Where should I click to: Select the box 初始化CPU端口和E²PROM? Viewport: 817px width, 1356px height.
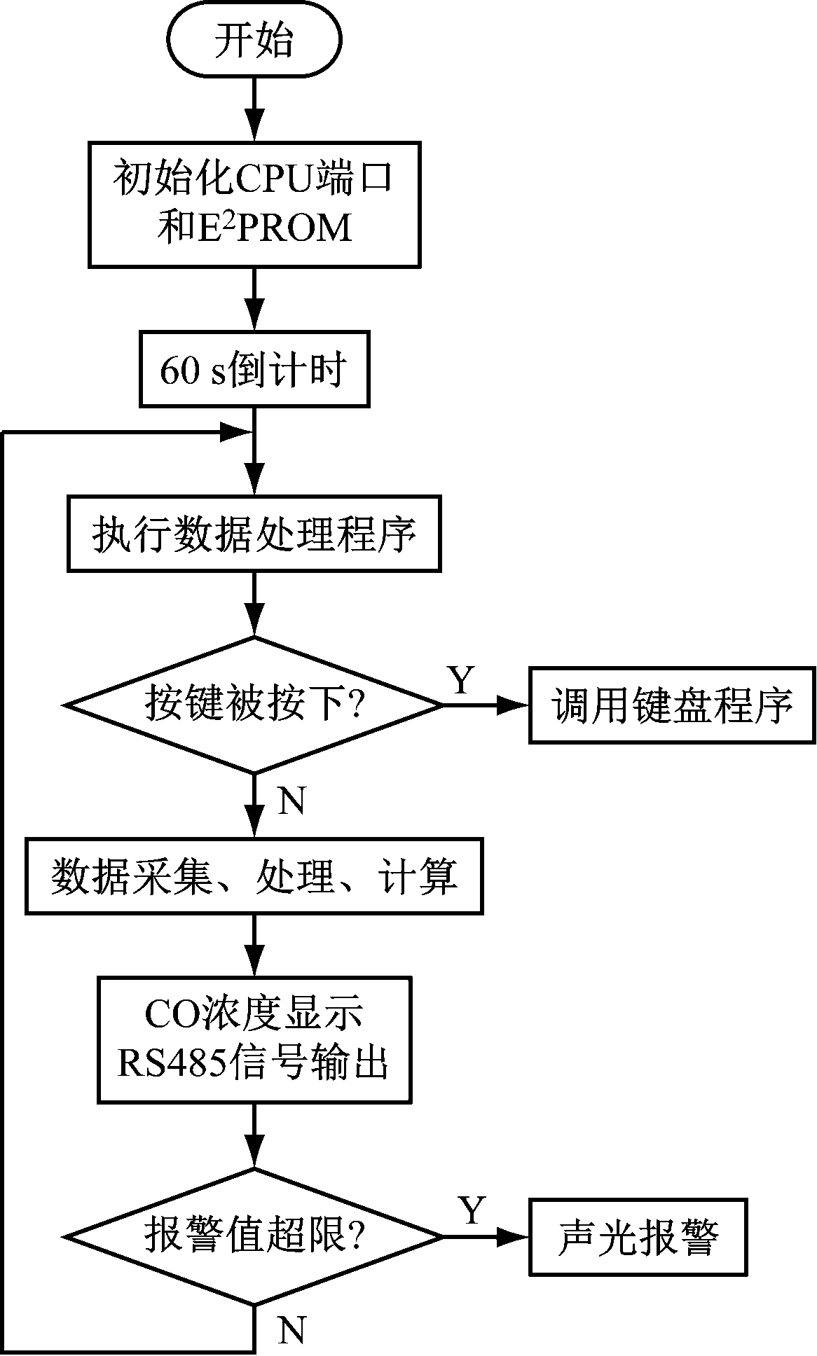(x=254, y=205)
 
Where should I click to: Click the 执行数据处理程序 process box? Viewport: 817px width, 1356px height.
(x=254, y=534)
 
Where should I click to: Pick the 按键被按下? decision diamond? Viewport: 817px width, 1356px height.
(x=254, y=705)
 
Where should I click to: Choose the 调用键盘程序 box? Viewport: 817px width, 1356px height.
(x=672, y=705)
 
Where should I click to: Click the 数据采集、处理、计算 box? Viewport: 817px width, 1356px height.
(x=254, y=876)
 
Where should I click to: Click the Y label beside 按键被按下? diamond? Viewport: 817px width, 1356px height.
(x=460, y=679)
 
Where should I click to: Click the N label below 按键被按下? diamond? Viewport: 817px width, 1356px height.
(x=292, y=801)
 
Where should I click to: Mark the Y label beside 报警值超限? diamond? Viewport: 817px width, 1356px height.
(x=472, y=1210)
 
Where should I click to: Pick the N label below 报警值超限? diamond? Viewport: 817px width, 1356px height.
(x=292, y=1329)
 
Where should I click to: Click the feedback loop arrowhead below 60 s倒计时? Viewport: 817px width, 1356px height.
(x=237, y=432)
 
